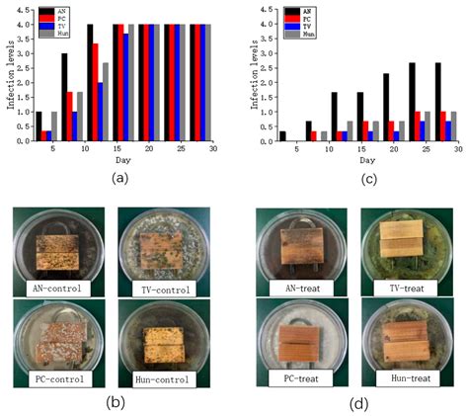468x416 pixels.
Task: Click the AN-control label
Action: click(x=57, y=288)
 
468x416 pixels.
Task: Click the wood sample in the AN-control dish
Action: click(x=57, y=243)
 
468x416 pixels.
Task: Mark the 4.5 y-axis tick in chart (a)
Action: click(x=28, y=10)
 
